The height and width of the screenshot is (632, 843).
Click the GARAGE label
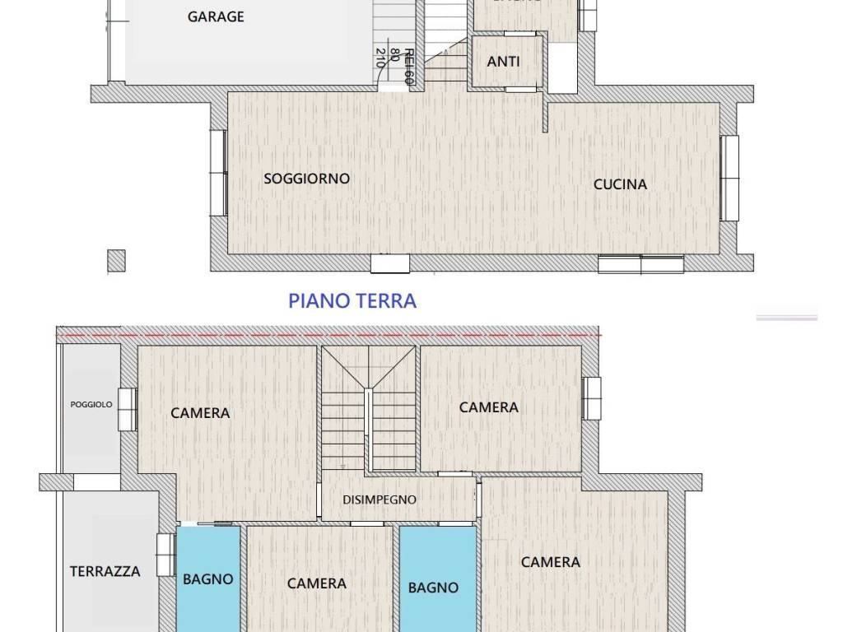216,16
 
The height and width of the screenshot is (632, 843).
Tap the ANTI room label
503,62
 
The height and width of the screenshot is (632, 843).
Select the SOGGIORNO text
306,179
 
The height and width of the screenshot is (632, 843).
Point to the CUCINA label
620,184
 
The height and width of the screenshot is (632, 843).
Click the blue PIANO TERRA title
352,300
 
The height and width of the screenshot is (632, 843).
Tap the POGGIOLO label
91,405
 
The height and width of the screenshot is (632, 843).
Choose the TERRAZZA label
105,571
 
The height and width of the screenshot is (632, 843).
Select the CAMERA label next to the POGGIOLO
200,413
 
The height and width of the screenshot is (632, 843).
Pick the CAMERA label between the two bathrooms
317,583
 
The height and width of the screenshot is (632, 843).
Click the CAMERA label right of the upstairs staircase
489,407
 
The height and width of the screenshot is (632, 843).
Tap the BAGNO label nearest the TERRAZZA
208,579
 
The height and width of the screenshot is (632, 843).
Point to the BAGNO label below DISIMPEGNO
434,588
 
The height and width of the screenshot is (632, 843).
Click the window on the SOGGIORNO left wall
217,173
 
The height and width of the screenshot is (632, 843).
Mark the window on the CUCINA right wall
729,179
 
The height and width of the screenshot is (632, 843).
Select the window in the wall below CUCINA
640,264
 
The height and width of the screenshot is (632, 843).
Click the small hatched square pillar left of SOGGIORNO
116,262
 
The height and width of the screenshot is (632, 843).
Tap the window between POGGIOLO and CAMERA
127,409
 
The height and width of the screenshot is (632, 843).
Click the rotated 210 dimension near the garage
380,57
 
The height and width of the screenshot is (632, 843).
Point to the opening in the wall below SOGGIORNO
389,263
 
